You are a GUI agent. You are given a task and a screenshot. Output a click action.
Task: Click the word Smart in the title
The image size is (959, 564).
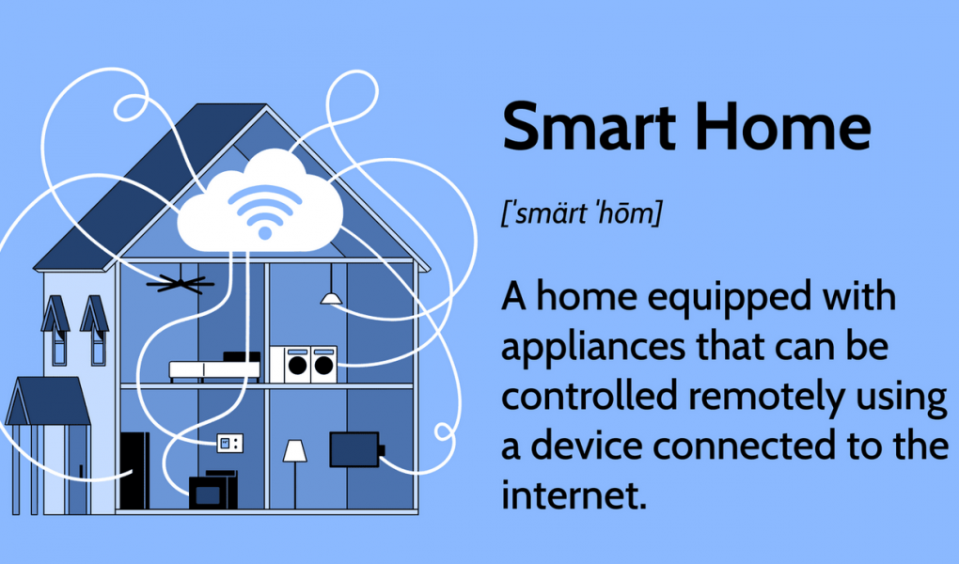[589, 127]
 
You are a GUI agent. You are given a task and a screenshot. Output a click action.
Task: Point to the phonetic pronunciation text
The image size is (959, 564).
[582, 212]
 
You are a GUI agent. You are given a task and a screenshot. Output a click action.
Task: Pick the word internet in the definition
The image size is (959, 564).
[574, 494]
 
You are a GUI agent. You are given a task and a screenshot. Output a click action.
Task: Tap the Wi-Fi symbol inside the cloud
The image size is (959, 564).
[265, 211]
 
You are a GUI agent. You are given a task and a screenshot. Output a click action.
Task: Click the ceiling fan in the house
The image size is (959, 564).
[181, 284]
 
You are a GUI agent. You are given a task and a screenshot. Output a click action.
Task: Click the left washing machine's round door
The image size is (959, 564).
[298, 366]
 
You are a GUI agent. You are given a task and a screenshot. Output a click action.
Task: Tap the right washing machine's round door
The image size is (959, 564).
[323, 366]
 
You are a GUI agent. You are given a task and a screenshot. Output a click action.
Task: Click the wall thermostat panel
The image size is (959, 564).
[230, 443]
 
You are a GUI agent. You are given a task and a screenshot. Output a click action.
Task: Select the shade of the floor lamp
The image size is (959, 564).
[295, 451]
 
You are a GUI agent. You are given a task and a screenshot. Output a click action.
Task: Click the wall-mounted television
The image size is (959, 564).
[355, 449]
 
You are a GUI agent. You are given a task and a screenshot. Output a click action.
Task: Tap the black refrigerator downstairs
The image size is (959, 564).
[134, 470]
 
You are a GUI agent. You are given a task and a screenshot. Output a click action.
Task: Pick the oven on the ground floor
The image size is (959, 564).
[209, 493]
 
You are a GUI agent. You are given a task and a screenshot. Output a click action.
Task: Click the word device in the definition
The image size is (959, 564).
[586, 445]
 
